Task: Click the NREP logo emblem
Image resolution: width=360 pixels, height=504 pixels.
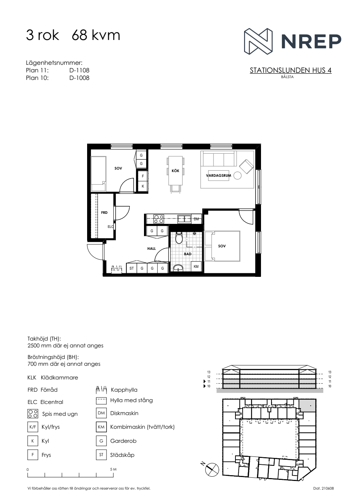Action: pos(258,41)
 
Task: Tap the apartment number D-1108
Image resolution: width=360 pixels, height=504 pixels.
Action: pos(79,71)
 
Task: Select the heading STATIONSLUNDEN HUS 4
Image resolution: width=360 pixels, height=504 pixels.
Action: pos(291,71)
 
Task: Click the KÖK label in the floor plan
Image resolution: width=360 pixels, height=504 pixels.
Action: pos(175,171)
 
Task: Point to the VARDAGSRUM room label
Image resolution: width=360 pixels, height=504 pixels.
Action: pos(219,176)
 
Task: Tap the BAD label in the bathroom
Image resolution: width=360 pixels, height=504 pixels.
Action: pos(188,254)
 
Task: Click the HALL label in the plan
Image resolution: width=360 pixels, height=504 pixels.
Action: pos(152,249)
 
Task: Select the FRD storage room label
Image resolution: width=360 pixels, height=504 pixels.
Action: pos(104,213)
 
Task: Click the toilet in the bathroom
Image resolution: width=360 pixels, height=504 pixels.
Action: pos(179,238)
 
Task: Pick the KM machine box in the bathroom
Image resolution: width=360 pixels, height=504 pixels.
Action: pos(196,267)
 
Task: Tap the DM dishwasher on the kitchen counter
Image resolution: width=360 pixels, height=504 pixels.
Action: pos(196,219)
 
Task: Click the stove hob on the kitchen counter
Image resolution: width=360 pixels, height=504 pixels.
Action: pos(158,219)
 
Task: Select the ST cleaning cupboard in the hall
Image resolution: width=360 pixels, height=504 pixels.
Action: pos(132,268)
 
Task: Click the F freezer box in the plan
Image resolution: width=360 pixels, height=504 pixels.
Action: pos(143,176)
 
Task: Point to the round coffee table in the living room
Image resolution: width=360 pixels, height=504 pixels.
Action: pos(237,176)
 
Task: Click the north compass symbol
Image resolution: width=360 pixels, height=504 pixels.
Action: pos(212,469)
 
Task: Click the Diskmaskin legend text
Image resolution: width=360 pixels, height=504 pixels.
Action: pos(124,413)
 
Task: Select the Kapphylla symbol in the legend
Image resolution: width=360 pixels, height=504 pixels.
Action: pos(101,390)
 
